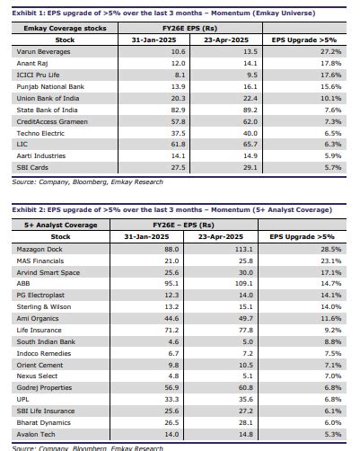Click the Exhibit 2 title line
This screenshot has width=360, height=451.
coord(170,208)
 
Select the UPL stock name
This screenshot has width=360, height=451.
coord(22,399)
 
